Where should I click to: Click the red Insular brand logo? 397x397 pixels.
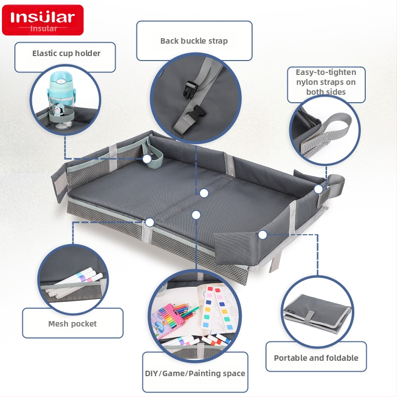pos(43,20)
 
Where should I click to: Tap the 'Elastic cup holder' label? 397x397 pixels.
pos(66,53)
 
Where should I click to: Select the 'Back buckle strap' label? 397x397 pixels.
pos(194,41)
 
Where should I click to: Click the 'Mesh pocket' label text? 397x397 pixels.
pos(72,324)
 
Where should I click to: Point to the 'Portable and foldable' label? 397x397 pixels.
pos(316,358)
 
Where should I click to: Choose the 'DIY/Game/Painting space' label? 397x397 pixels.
pos(195,373)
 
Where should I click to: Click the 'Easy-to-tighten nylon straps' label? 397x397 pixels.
pos(326,82)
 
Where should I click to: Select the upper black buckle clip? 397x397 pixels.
pos(190,89)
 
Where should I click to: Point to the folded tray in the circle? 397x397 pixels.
pos(318,314)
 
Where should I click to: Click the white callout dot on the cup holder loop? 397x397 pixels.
pos(147,159)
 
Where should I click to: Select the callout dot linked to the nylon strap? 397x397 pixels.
pos(319,189)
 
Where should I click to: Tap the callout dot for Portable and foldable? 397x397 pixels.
pos(263,235)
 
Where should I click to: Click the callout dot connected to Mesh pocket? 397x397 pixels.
pos(150,222)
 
